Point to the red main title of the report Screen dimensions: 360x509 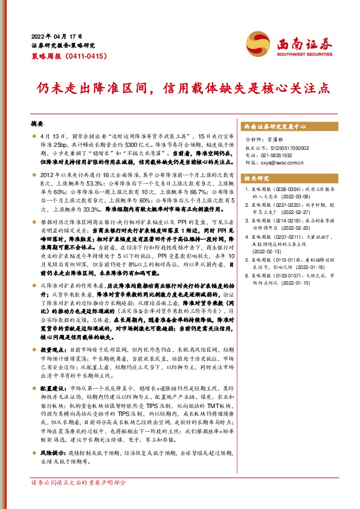180,88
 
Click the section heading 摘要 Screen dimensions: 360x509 37,123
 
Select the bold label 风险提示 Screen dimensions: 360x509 52,452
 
